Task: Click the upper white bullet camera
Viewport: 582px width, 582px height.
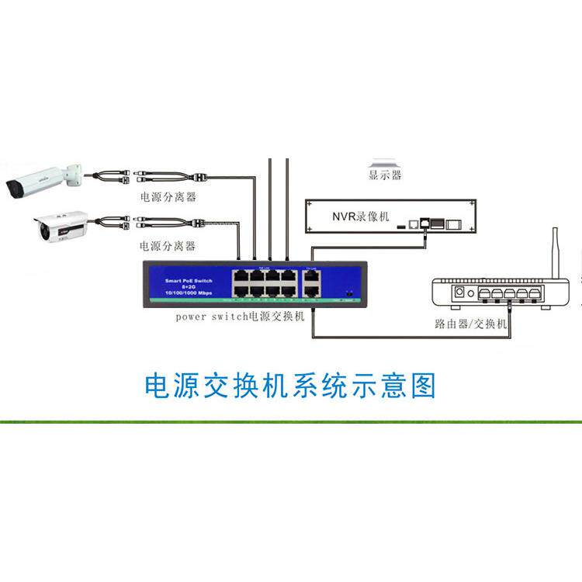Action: pos(39,180)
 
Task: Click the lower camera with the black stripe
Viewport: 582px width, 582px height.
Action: pos(58,226)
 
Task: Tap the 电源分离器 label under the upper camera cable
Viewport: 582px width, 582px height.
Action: pos(167,197)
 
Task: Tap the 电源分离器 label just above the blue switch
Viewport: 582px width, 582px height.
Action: pos(167,246)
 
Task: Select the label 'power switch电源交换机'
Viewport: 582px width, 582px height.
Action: pos(241,317)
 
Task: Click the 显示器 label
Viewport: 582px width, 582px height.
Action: pos(385,176)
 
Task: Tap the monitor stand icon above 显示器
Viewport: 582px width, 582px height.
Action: pos(385,162)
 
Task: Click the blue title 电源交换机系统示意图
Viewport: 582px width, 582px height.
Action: pos(291,385)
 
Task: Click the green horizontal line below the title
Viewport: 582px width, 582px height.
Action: pos(291,421)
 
